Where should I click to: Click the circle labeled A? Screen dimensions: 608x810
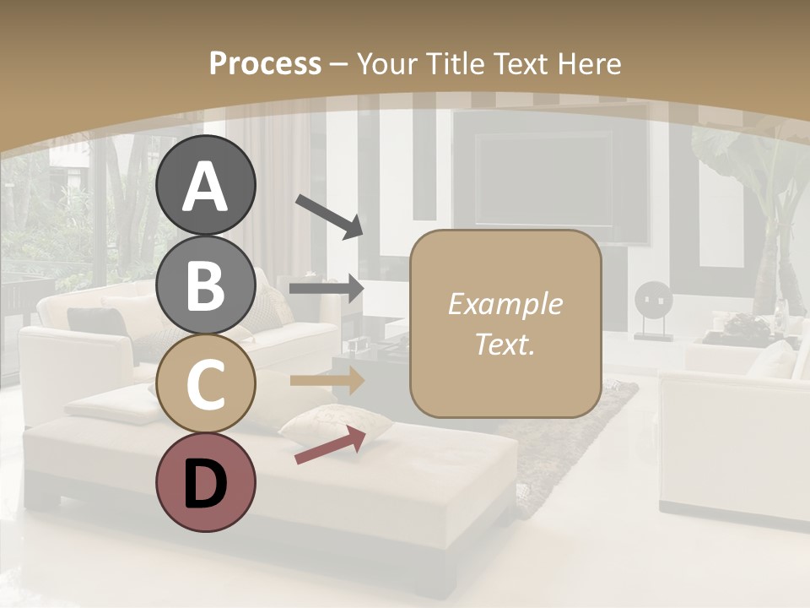205,185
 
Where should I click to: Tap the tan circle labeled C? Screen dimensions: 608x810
205,384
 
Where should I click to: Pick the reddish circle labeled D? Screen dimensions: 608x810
205,483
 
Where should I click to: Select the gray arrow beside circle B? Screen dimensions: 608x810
327,289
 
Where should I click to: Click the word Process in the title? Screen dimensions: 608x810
265,63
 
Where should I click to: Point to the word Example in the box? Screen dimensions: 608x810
505,304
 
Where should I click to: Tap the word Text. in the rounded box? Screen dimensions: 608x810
505,344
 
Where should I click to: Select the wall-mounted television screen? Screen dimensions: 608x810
544,177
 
